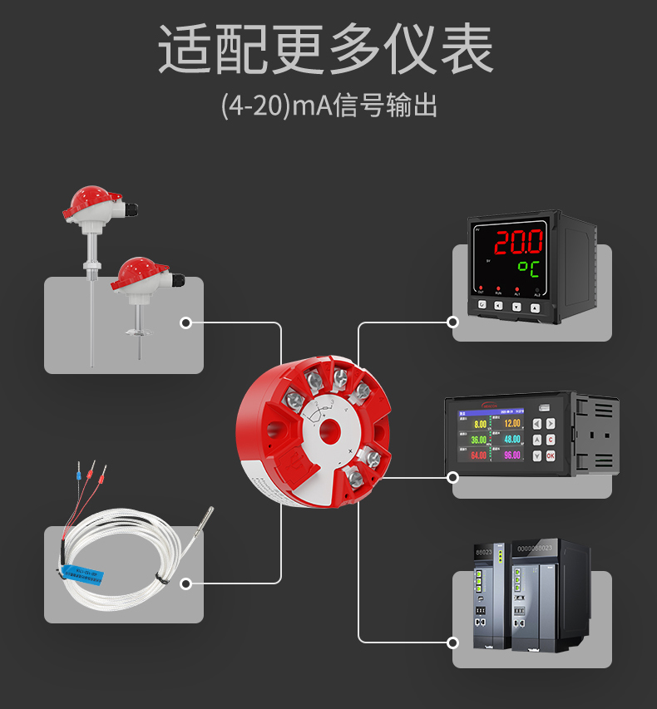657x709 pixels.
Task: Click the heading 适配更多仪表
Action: click(327, 50)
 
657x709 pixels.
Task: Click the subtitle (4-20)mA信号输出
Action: click(328, 106)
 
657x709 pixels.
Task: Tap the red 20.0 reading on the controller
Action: click(519, 242)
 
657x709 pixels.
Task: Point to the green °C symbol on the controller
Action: click(527, 268)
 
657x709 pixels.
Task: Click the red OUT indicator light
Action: click(481, 288)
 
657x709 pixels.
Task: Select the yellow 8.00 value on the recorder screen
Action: click(480, 424)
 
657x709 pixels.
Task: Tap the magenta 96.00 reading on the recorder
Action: click(511, 455)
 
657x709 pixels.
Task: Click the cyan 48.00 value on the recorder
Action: click(511, 439)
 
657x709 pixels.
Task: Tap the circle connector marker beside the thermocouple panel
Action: click(186, 322)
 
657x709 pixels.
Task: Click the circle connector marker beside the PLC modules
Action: click(453, 643)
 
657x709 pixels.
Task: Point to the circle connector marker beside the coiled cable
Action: click(186, 583)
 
